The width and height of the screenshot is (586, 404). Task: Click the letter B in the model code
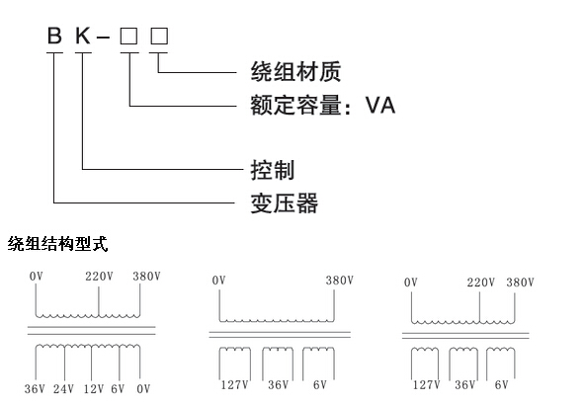pos(54,36)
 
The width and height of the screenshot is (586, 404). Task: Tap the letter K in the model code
pos(83,36)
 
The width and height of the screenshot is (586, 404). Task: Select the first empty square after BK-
pos(128,37)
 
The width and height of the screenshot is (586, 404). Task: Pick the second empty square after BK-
pos(159,37)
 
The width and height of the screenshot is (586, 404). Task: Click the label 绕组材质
pos(295,71)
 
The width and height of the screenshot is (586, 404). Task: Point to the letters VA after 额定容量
pos(380,105)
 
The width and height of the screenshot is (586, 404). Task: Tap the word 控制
pos(273,170)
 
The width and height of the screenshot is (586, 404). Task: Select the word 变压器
pos(285,203)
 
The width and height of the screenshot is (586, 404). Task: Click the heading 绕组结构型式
pos(58,244)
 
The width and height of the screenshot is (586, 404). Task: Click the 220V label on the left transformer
pos(99,277)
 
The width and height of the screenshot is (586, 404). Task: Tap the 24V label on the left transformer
pos(63,389)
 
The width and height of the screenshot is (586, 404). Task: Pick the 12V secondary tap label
pos(94,389)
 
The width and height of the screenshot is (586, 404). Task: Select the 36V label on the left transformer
pos(35,389)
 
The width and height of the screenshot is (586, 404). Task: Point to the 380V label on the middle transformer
pos(339,281)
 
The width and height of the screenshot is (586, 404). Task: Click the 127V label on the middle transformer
pos(235,385)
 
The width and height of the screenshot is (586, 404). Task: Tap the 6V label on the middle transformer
pos(320,385)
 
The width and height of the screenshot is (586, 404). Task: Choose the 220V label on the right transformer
pos(480,283)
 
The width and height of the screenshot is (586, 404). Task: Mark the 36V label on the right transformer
pos(464,385)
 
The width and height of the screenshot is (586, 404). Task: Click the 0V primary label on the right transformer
pos(411,283)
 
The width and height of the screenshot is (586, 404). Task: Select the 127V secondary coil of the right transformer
pos(425,350)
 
